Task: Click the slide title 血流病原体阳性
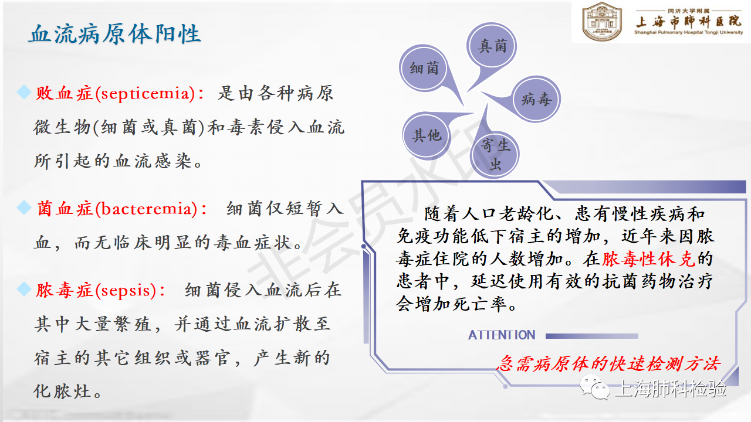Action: tap(114, 34)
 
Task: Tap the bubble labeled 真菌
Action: tap(492, 46)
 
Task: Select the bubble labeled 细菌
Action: tap(424, 68)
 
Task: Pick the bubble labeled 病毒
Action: tap(536, 99)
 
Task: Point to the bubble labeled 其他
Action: tap(427, 135)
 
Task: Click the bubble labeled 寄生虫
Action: tap(495, 155)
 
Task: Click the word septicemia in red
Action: tap(145, 93)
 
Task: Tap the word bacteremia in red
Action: tap(147, 209)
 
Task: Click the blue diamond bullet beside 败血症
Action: tap(24, 92)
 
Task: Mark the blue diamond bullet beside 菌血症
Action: tap(24, 207)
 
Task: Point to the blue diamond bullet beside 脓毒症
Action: tap(24, 289)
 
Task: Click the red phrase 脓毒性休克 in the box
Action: tap(649, 259)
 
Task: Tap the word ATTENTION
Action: tap(502, 335)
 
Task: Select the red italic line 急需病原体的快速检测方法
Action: tap(608, 364)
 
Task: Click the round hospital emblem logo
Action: tap(602, 21)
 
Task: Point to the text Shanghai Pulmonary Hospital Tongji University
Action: tap(689, 32)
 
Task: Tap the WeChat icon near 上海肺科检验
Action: tap(596, 387)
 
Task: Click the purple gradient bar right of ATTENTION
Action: tap(592, 336)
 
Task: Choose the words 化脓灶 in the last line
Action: tap(62, 391)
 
